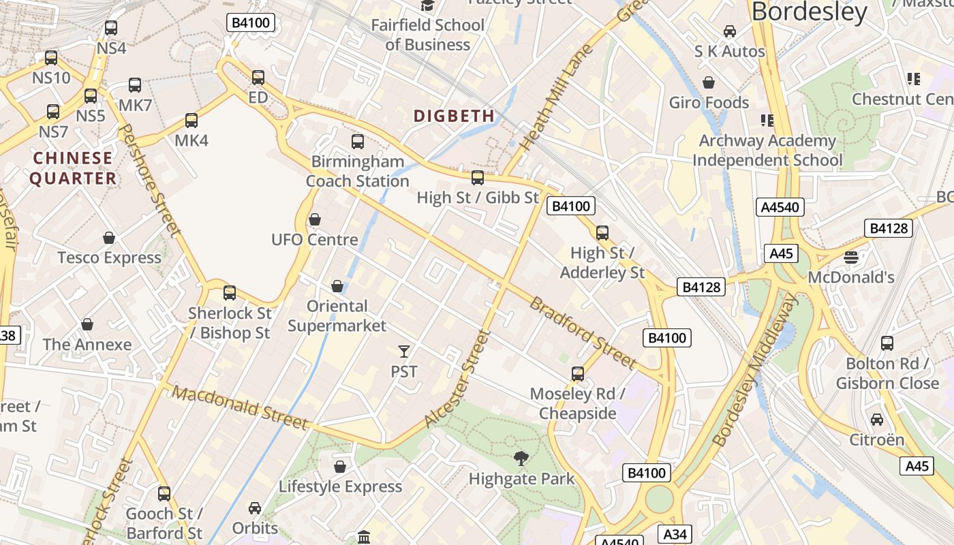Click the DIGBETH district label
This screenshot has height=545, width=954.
454,116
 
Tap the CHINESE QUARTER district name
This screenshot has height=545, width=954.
73,168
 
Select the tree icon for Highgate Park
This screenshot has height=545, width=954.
521,458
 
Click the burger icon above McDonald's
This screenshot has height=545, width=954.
850,258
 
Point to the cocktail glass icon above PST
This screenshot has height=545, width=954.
404,352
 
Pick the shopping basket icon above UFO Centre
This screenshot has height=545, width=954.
315,219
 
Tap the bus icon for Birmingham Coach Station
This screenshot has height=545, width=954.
358,142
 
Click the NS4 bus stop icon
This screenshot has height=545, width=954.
111,29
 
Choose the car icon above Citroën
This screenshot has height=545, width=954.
877,420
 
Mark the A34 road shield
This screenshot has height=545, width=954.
675,533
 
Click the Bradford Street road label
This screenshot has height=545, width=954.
583,332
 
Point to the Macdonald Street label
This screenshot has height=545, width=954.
240,407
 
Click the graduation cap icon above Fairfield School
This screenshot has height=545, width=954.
427,6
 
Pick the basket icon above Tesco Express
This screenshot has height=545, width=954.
109,238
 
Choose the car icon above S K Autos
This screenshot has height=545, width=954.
730,31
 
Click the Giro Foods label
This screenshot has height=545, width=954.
709,103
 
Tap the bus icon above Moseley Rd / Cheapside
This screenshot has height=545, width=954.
578,373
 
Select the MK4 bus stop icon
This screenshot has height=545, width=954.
191,121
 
